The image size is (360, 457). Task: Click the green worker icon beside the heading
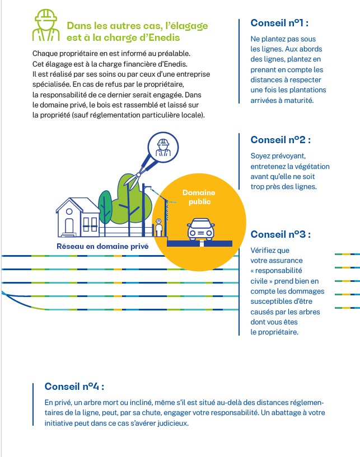coord(46,27)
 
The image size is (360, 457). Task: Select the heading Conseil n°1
coord(279,23)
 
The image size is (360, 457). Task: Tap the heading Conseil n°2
coord(280,140)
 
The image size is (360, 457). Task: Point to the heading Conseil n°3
coord(280,234)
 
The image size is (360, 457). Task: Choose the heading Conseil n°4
coord(74,387)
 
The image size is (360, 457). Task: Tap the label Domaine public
coord(199,197)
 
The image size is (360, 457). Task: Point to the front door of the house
coord(69,226)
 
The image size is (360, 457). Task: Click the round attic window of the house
coord(70,211)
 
